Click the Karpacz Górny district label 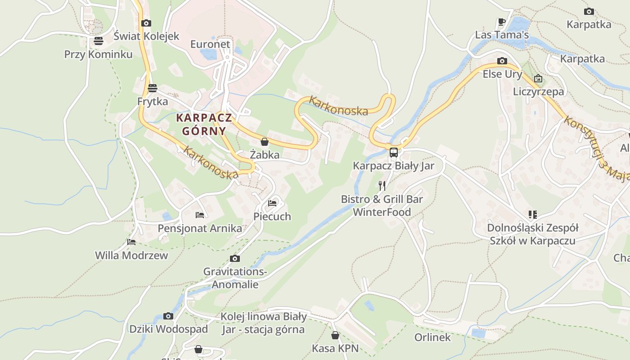pyautogui.click(x=204, y=124)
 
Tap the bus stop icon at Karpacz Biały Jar pyautogui.click(x=393, y=152)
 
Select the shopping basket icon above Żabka pyautogui.click(x=265, y=142)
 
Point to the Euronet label pyautogui.click(x=210, y=44)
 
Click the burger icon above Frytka pyautogui.click(x=153, y=88)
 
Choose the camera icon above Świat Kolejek pyautogui.click(x=146, y=23)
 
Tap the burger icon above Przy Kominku pyautogui.click(x=99, y=41)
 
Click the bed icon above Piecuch pyautogui.click(x=272, y=203)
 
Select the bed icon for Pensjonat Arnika pyautogui.click(x=200, y=215)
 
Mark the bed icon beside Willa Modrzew pyautogui.click(x=131, y=242)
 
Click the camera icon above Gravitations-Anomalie pyautogui.click(x=234, y=258)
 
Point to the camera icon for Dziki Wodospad pyautogui.click(x=168, y=316)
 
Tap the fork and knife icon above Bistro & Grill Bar pyautogui.click(x=382, y=185)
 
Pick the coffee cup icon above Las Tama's pyautogui.click(x=502, y=22)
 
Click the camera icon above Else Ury pyautogui.click(x=502, y=61)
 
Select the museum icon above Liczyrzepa pyautogui.click(x=538, y=78)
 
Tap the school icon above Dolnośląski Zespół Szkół pyautogui.click(x=533, y=215)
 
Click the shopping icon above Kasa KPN pyautogui.click(x=335, y=335)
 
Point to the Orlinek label pyautogui.click(x=432, y=337)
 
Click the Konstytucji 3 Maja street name pyautogui.click(x=597, y=148)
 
